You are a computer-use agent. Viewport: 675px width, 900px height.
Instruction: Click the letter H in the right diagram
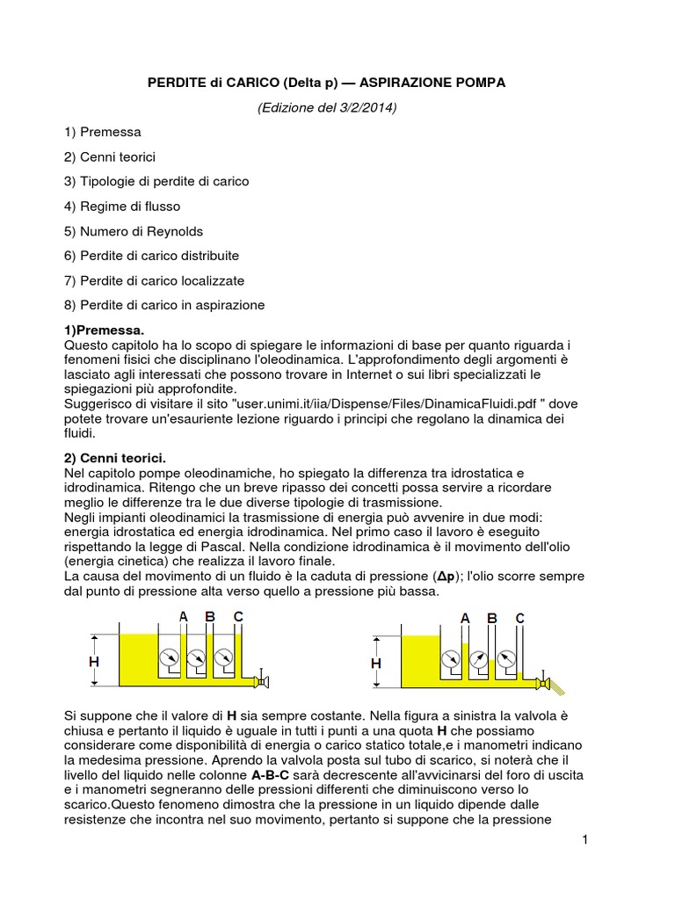point(376,663)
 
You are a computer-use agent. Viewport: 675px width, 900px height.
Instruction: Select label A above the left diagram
point(184,617)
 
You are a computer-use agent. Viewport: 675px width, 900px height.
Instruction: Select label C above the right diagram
point(519,619)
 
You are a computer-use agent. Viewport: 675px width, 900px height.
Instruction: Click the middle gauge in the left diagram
point(197,657)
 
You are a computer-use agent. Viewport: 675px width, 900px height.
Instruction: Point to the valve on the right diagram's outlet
point(544,683)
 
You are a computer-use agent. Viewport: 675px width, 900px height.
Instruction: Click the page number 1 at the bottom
point(584,841)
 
